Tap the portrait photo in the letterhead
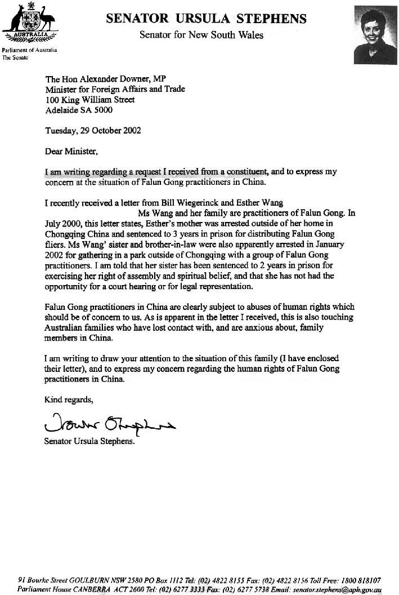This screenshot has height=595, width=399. [375, 35]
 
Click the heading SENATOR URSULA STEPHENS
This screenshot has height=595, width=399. [207, 19]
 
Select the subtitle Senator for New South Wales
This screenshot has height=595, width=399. [201, 35]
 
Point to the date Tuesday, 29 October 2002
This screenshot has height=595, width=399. [92, 130]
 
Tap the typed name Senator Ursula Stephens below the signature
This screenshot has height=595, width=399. [89, 441]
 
